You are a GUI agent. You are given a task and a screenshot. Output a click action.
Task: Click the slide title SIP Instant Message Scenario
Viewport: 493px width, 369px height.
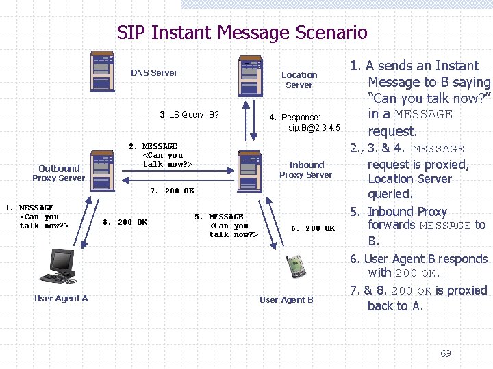pos(242,32)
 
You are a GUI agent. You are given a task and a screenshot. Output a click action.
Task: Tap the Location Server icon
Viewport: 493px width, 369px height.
pos(250,77)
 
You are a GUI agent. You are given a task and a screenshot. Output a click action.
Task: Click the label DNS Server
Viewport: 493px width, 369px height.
pos(154,73)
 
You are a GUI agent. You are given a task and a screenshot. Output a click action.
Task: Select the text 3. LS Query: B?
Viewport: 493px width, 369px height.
pos(189,115)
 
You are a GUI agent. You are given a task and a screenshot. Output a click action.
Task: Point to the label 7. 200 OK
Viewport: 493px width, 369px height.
pos(172,191)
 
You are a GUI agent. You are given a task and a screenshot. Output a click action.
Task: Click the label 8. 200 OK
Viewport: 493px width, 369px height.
pos(125,222)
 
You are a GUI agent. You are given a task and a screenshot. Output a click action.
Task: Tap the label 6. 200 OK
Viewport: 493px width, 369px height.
pos(313,229)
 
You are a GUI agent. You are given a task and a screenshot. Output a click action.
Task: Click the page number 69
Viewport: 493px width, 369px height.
pos(445,353)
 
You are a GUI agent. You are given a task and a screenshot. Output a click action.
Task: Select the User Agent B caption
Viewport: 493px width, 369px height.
pos(286,300)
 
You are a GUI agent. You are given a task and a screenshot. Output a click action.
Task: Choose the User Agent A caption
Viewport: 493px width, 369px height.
pos(61,299)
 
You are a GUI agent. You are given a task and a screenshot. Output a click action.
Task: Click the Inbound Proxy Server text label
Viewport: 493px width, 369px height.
pos(306,169)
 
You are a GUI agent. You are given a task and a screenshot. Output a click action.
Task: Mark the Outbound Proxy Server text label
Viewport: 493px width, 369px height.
pos(59,173)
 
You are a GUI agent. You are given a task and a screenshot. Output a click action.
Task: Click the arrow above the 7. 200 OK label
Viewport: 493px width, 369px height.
pos(175,180)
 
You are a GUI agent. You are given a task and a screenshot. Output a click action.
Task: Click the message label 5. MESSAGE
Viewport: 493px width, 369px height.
pos(219,217)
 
